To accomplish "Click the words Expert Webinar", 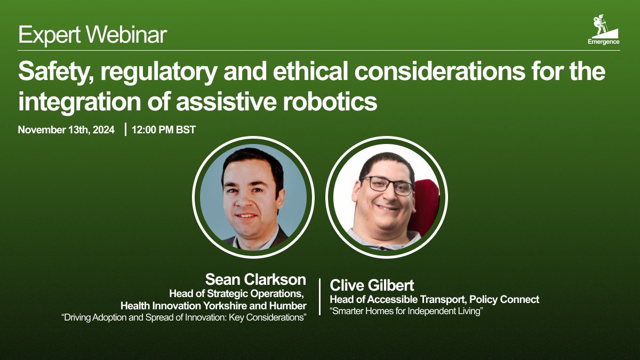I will [92, 35].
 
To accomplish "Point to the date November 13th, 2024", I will [66, 130].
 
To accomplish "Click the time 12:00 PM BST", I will [163, 130].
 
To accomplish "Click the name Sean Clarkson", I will [255, 279].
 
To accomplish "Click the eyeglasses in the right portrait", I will [387, 184].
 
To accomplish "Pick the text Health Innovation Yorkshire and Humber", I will [213, 306].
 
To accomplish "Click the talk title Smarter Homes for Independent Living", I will [406, 311].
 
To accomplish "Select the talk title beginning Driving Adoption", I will [185, 318].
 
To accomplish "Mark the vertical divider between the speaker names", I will [319, 297].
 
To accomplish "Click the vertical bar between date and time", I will [125, 130].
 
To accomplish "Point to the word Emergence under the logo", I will [603, 42].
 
